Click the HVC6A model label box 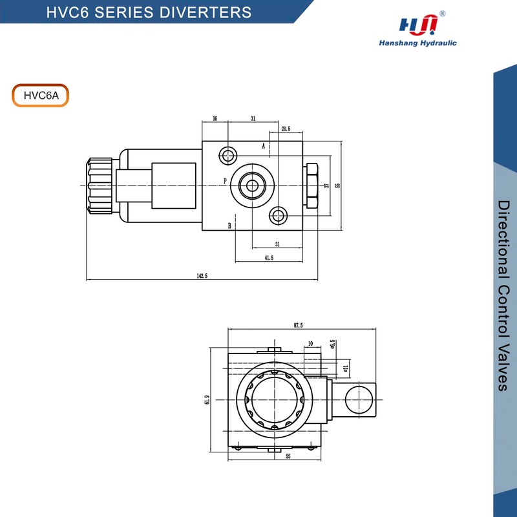[40, 95]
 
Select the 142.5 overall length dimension [202, 275]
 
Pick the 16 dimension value [215, 119]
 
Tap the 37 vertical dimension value [327, 185]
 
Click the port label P [225, 181]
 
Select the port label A [264, 146]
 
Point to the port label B [229, 226]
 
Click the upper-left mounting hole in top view [227, 155]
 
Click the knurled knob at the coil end [100, 185]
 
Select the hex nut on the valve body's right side [311, 185]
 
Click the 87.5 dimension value [298, 325]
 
